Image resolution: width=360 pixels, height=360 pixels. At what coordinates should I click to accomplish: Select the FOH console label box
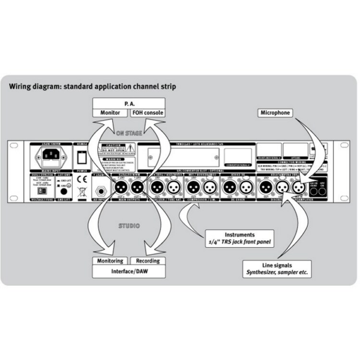pos(146,113)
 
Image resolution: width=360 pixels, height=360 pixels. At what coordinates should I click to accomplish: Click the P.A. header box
pos(128,103)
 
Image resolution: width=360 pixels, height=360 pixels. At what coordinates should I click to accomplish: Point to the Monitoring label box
pos(110,261)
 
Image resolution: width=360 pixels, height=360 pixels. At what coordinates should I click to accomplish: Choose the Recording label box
pos(148,261)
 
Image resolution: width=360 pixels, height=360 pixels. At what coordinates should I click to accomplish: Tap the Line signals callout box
pos(277,268)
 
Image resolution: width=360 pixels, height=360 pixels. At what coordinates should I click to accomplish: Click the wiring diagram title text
pos(92,86)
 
